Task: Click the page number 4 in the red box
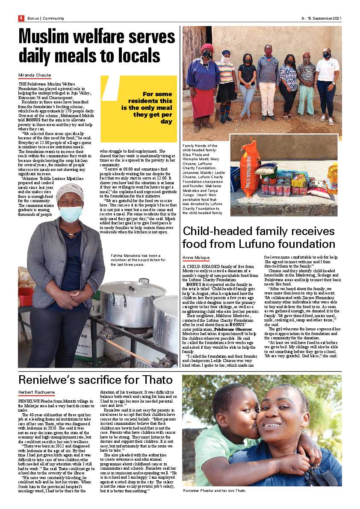21,18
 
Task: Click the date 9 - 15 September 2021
321,18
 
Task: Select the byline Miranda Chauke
35,75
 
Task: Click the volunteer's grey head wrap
70,191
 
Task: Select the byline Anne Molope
196,258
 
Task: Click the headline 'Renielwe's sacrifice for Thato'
95,380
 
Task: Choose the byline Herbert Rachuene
37,392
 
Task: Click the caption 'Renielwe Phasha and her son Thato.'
214,490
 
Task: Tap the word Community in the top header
53,18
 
